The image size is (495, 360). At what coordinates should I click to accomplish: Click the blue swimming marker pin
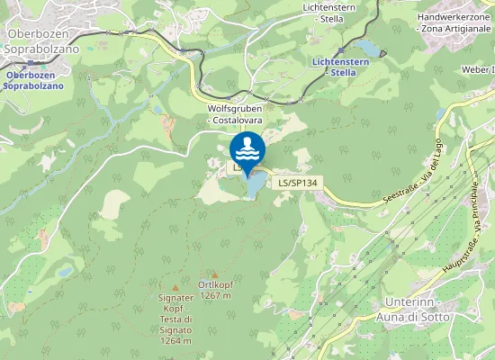247,149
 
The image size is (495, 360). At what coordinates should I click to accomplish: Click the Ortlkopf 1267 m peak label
216,290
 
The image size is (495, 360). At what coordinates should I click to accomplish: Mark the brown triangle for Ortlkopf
214,274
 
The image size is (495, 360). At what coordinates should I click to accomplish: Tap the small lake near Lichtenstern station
368,47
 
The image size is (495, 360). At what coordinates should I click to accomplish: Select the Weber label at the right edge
477,68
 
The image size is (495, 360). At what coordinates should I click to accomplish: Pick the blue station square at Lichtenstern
339,52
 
